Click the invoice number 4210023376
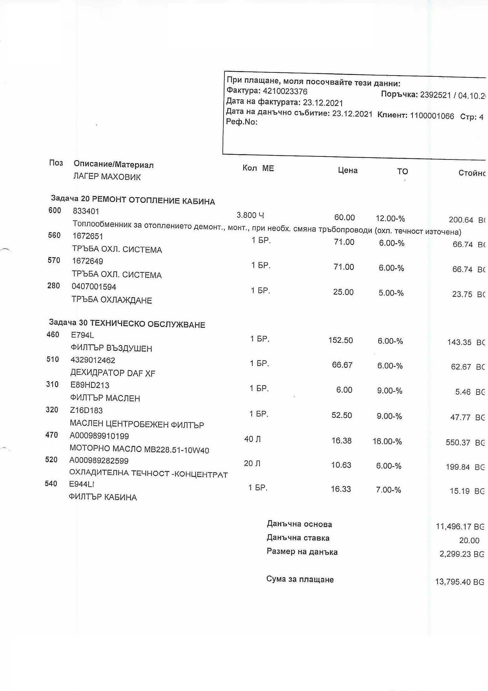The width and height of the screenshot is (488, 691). [285, 91]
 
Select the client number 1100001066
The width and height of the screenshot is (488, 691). [432, 116]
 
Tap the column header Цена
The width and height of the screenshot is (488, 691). [348, 170]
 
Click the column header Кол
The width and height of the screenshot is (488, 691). [249, 168]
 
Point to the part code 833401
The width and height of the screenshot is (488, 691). [86, 211]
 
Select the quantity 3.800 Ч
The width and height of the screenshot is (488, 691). [250, 215]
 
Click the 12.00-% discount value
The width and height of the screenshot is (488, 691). [390, 218]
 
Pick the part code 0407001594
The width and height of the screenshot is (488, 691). [94, 287]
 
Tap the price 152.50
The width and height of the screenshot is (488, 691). [340, 340]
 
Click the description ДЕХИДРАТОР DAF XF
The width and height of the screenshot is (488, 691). [113, 373]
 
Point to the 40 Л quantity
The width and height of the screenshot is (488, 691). [252, 439]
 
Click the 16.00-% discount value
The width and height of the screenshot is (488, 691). [387, 442]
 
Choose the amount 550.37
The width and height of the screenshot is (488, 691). [458, 442]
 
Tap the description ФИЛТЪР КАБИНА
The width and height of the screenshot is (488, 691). [103, 497]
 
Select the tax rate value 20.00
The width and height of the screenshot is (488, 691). [469, 540]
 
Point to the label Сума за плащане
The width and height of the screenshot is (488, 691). [300, 579]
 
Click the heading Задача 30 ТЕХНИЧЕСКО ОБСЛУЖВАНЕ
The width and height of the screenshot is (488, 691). [127, 323]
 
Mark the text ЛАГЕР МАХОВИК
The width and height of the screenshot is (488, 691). [107, 177]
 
